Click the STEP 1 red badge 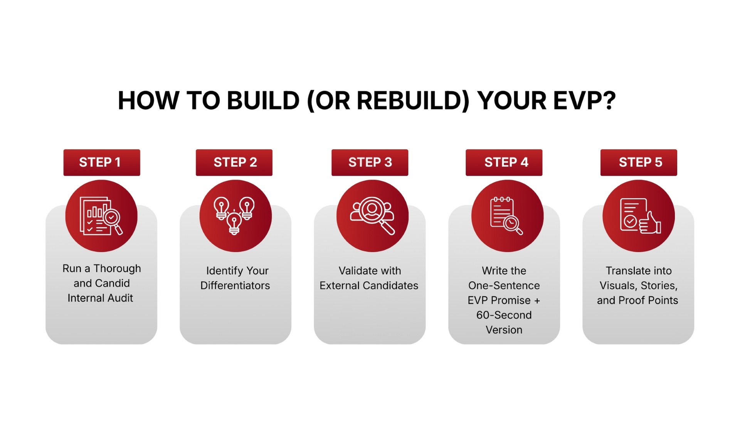click(x=102, y=163)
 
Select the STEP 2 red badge click(x=234, y=163)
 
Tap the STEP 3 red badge click(x=370, y=163)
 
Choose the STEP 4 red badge click(x=504, y=163)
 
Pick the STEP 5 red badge click(x=639, y=163)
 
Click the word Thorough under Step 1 click(x=117, y=268)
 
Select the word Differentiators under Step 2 click(x=235, y=285)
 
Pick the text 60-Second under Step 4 click(x=504, y=315)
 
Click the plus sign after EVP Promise click(x=537, y=300)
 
